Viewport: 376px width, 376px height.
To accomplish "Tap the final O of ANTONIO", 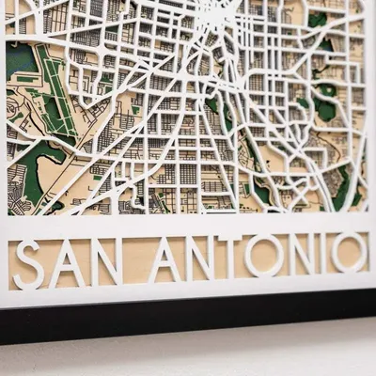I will coord(347,252).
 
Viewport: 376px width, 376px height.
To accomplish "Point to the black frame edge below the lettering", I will coord(188,320).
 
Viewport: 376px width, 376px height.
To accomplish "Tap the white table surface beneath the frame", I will coord(188,357).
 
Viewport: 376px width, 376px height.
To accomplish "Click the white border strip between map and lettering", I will coord(188,224).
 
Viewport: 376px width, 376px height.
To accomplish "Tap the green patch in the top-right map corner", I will coord(319,19).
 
